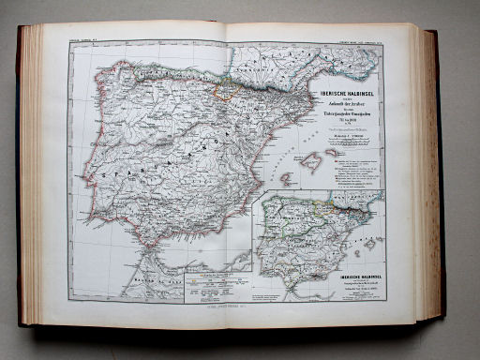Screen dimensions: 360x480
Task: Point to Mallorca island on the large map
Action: [311, 161]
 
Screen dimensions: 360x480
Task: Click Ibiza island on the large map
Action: [285, 177]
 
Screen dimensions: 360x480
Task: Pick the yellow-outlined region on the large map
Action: [228, 90]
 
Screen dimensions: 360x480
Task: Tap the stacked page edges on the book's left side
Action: [30, 178]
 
